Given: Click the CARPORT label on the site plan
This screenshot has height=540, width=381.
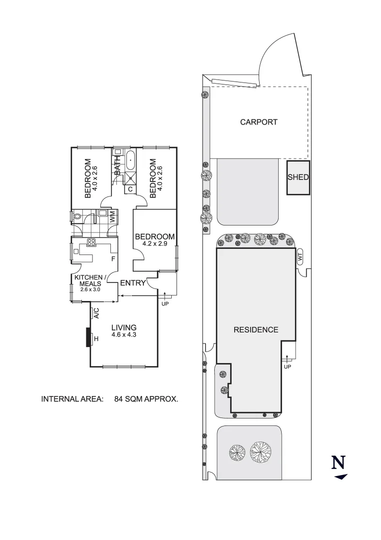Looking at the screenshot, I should tap(258, 122).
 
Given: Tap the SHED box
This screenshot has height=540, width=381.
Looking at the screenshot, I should tap(298, 177).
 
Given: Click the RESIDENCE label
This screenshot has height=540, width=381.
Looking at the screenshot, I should tap(256, 329).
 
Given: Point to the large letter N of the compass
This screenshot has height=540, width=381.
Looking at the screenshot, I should tap(339, 462).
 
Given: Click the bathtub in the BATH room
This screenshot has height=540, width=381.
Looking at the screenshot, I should tap(130, 160).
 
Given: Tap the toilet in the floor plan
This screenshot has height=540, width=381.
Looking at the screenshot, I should tap(77, 216).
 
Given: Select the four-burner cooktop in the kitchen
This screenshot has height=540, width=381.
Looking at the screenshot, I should tap(91, 243).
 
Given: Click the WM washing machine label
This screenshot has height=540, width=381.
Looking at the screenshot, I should tap(113, 217).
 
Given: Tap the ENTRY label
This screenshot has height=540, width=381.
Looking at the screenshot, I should tap(133, 283).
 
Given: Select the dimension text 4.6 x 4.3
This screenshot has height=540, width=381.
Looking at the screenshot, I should tap(124, 334).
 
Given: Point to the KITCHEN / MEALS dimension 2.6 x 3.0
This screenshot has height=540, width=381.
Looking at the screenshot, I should tap(90, 289).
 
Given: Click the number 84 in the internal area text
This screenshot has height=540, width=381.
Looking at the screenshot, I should tap(120, 399).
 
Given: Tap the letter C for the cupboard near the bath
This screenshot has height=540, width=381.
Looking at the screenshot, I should tap(130, 189).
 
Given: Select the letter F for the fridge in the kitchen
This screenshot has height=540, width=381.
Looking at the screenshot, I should tap(113, 259).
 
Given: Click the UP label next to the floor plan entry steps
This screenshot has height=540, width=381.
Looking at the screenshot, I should tap(163, 303).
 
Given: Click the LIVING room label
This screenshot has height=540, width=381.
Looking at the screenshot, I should tap(124, 327).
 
